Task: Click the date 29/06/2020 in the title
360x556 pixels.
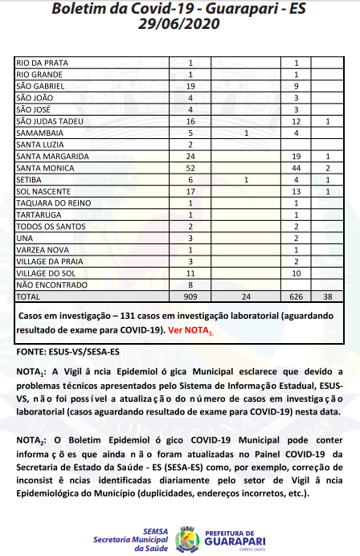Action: pyautogui.click(x=180, y=24)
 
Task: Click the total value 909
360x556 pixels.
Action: pyautogui.click(x=190, y=296)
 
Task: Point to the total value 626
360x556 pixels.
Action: pyautogui.click(x=297, y=296)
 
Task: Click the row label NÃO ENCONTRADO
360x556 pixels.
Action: pyautogui.click(x=47, y=284)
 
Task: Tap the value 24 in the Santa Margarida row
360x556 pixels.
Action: pyautogui.click(x=190, y=156)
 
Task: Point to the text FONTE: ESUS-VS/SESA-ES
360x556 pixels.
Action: pyautogui.click(x=68, y=352)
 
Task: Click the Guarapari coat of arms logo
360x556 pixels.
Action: pyautogui.click(x=188, y=536)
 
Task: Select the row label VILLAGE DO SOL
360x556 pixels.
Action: pyautogui.click(x=45, y=272)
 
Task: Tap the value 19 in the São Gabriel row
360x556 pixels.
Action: pyautogui.click(x=190, y=85)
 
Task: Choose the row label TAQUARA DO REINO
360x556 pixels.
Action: pyautogui.click(x=51, y=202)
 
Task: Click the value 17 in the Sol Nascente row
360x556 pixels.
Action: pyautogui.click(x=190, y=191)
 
